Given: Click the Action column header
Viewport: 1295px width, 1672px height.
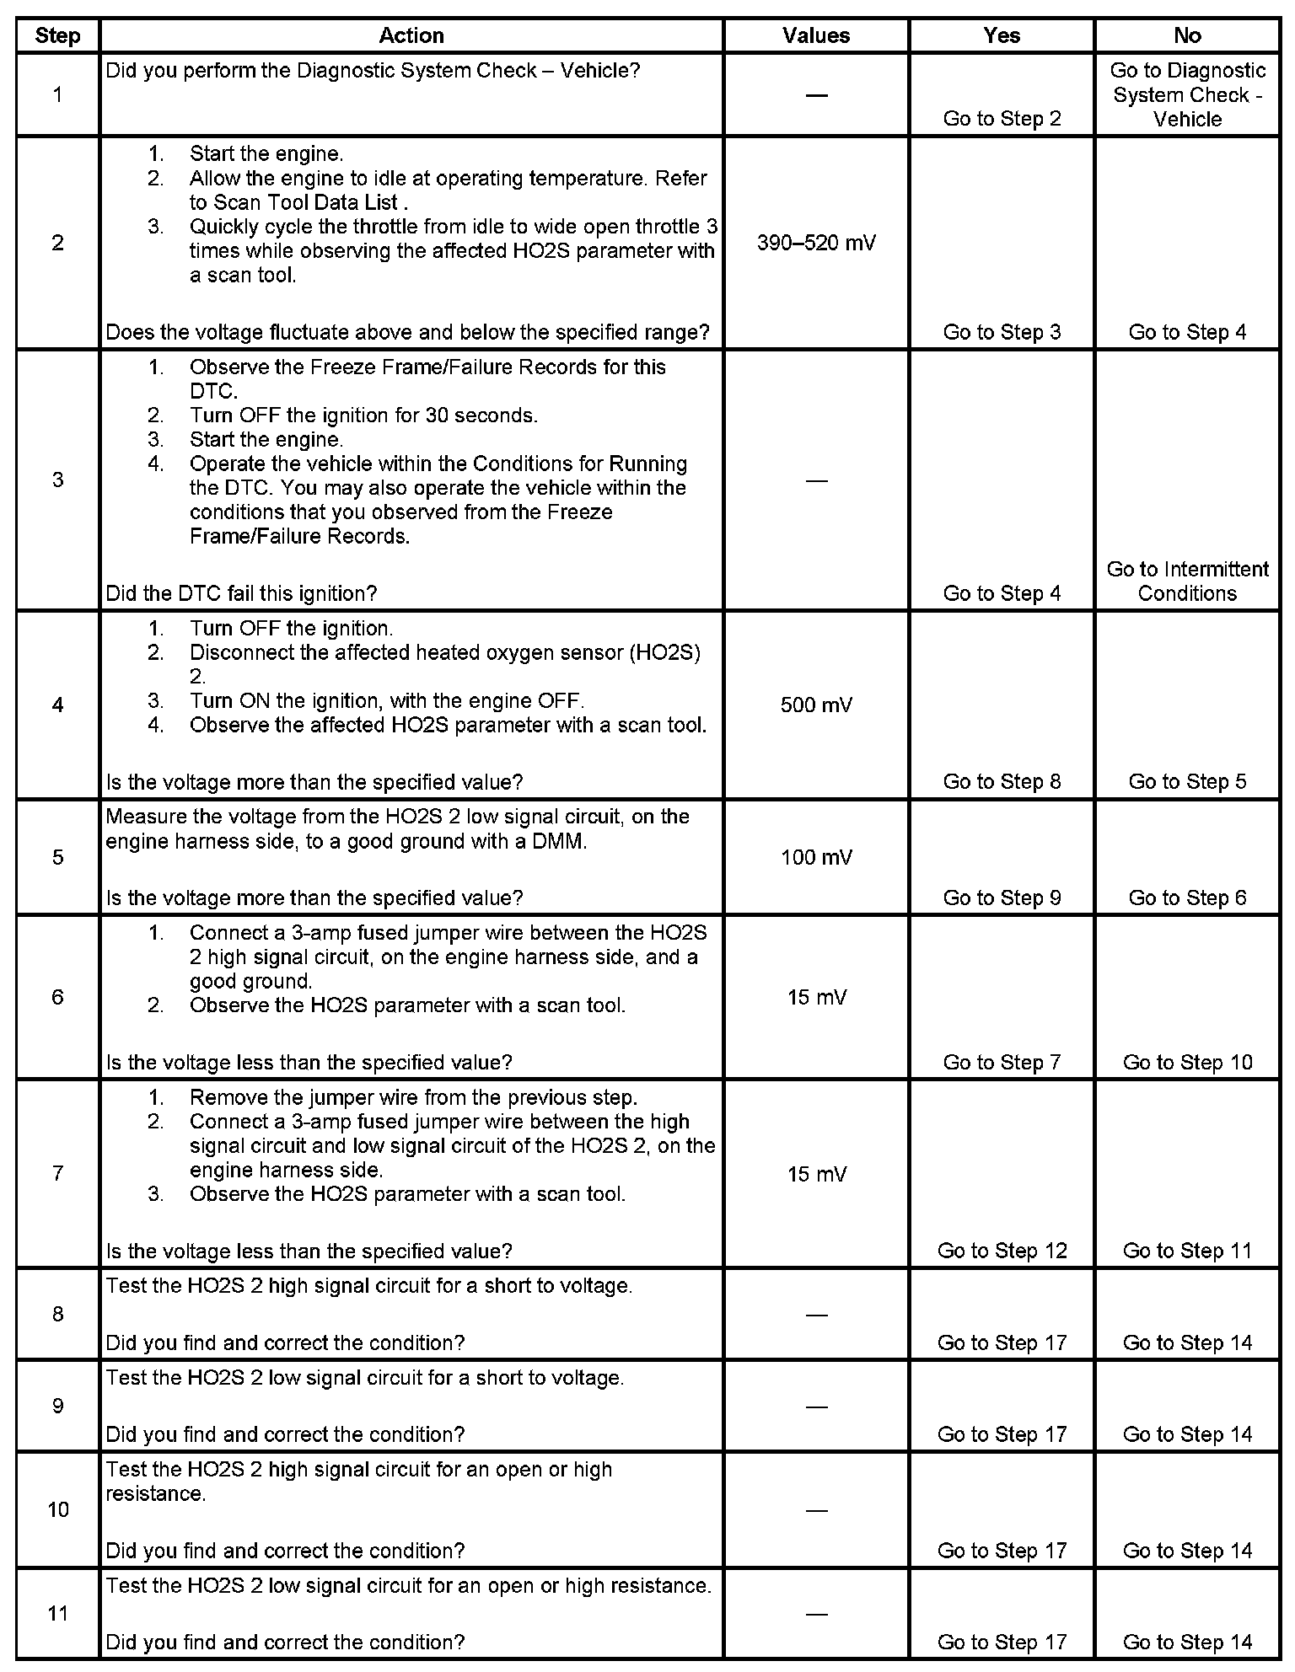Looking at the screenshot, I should (x=411, y=35).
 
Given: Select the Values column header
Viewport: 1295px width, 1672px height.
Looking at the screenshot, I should (x=816, y=35).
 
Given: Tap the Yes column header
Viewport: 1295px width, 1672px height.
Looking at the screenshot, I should (x=1002, y=35).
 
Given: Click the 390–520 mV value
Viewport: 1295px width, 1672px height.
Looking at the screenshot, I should (x=816, y=244).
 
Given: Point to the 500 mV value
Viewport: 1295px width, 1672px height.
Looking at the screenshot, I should (x=816, y=705).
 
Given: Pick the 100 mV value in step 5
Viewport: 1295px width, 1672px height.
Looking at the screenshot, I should (x=816, y=857).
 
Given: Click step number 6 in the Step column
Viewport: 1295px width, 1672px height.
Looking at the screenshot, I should (x=57, y=997).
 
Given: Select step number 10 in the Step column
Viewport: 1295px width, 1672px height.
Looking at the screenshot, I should (x=57, y=1509).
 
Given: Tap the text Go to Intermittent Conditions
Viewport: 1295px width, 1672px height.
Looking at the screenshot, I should (x=1187, y=581).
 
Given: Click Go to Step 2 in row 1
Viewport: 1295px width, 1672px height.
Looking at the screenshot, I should (x=1002, y=119).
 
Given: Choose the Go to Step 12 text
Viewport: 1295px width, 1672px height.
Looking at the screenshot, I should (x=1002, y=1251).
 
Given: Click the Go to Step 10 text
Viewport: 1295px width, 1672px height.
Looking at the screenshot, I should (x=1187, y=1063).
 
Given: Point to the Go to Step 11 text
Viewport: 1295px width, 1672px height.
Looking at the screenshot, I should (x=1187, y=1251).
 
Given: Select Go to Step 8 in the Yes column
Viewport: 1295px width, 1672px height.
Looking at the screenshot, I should (x=1002, y=782).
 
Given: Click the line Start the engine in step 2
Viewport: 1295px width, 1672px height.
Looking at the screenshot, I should (x=266, y=154).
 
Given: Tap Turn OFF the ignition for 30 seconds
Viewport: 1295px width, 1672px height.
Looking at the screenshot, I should (x=363, y=415).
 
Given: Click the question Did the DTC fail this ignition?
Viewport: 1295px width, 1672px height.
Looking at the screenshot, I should (x=241, y=593).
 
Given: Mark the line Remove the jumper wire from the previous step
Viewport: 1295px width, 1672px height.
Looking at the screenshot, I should (x=413, y=1097).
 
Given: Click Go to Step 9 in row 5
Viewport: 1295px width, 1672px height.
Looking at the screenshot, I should (x=1002, y=898).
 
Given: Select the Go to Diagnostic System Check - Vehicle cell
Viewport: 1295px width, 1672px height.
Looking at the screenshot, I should (x=1187, y=94).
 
